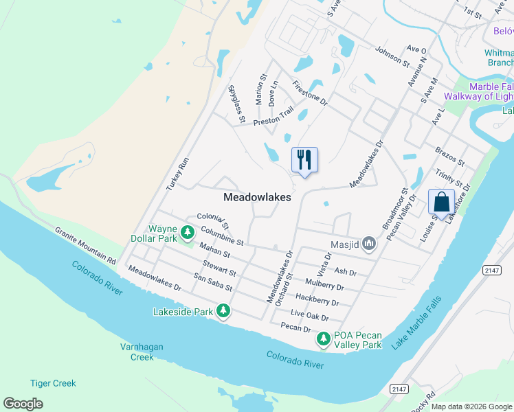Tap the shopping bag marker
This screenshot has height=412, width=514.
click(441, 202)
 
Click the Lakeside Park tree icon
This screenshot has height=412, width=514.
click(223, 312)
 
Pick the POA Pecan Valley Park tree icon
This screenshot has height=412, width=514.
click(323, 339)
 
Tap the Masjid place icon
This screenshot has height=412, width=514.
click(370, 242)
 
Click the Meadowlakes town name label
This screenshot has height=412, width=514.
click(257, 197)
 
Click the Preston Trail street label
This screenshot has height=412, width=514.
click(273, 116)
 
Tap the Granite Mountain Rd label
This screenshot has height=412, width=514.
click(85, 245)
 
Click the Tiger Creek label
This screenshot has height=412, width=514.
click(53, 383)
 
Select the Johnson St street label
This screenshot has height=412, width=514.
click(392, 56)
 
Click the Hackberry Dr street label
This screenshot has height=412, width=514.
click(317, 299)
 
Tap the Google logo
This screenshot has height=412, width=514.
click(23, 403)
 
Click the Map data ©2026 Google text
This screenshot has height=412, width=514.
click(471, 407)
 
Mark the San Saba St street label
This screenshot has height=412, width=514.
click(213, 282)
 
